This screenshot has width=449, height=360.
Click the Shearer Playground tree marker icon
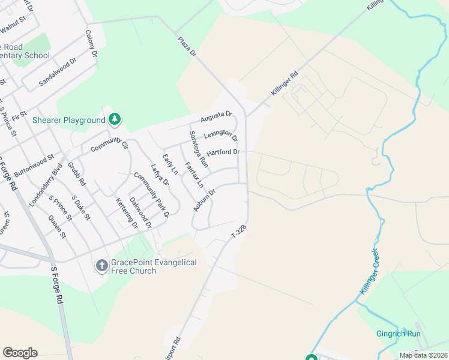(x=115, y=120)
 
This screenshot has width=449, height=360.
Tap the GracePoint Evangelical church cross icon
(x=102, y=265)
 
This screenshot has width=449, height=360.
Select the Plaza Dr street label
(x=187, y=47)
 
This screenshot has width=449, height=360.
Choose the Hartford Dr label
(x=223, y=152)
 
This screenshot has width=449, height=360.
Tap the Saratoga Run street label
(x=198, y=148)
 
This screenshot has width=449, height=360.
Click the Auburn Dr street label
(x=204, y=198)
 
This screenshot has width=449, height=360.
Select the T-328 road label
(x=239, y=231)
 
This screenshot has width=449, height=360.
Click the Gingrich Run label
(x=398, y=334)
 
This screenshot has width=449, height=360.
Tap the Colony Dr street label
(x=91, y=44)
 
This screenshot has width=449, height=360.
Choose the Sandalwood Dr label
(x=58, y=73)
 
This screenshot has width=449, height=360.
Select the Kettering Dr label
(x=127, y=214)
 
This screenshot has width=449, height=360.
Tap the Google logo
(x=20, y=353)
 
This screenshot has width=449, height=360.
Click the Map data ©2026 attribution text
(x=423, y=355)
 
